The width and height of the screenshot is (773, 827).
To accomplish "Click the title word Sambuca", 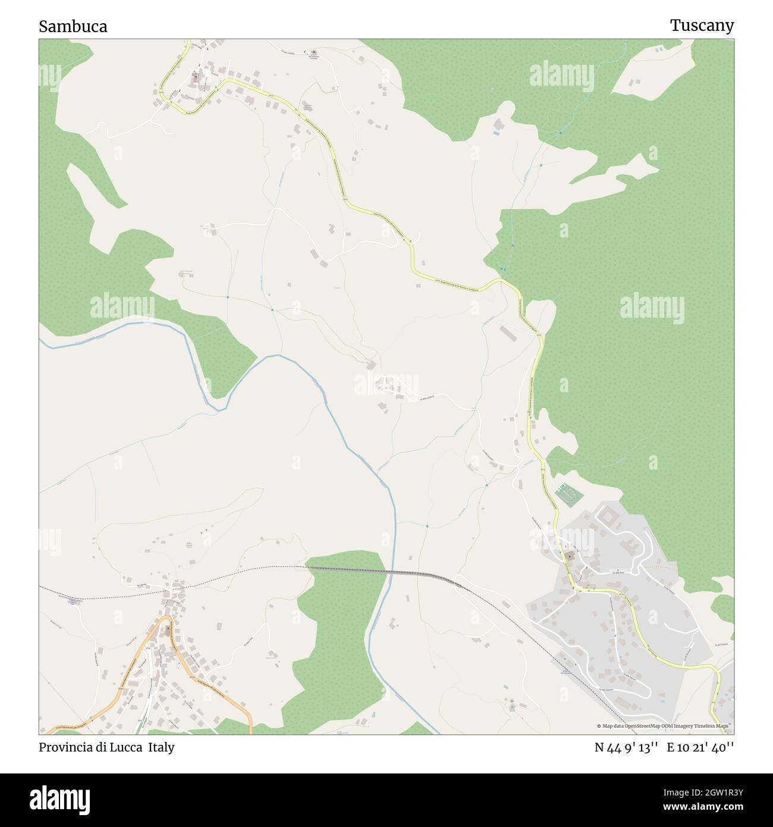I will point(73,26).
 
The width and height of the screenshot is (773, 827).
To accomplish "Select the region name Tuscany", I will point(702,25).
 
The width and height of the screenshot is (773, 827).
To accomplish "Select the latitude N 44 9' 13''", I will point(626,747).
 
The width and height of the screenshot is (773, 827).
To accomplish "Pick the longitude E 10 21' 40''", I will point(700,747).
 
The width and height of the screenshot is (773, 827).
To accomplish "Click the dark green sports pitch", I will point(568,495).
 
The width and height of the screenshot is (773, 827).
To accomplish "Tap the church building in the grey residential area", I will point(570,557).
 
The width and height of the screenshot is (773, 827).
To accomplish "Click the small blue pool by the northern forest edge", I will point(496,134).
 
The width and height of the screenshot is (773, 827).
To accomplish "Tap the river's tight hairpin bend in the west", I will point(217,406).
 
